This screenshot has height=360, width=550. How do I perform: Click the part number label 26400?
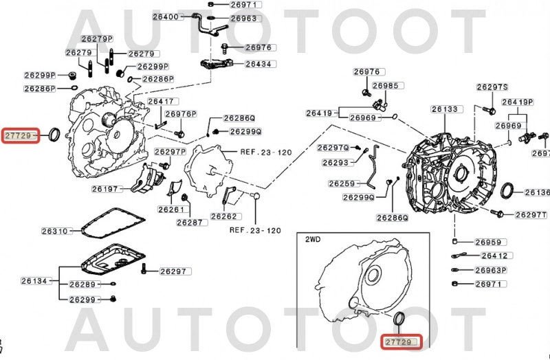point(168,16)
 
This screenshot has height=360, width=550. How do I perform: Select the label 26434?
point(258,64)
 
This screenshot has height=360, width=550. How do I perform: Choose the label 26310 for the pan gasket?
point(54,232)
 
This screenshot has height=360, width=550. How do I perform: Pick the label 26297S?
point(492,87)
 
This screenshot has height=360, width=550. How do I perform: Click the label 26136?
point(538,193)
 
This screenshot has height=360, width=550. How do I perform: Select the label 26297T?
point(531,215)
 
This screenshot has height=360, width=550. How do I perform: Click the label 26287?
point(190,223)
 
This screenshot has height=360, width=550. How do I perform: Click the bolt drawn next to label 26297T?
point(498,215)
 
